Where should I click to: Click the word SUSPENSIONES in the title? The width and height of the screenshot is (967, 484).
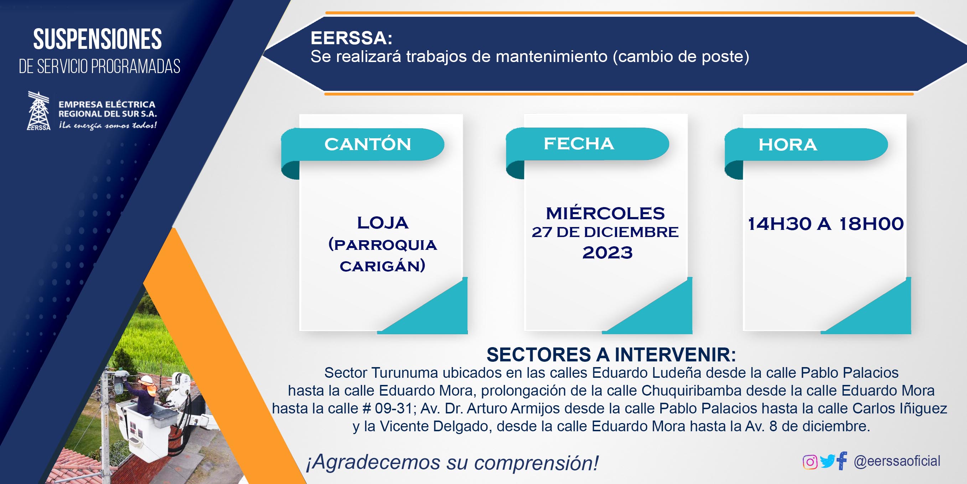tap(97, 40)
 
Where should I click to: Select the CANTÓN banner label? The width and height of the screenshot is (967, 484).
tap(368, 144)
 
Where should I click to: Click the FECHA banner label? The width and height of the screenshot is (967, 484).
tap(579, 143)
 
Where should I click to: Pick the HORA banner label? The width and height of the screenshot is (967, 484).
tap(787, 145)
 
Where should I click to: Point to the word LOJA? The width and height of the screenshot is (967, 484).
tap(383, 223)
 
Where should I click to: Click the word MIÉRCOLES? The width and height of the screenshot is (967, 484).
tap(605, 213)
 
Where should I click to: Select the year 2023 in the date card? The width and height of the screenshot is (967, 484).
tap(607, 252)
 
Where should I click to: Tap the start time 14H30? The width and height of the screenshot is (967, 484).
tap(780, 224)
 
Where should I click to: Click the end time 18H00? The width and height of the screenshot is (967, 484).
tap(871, 224)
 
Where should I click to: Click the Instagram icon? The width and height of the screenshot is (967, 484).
tap(810, 462)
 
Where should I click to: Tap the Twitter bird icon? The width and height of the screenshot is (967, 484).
tap(827, 461)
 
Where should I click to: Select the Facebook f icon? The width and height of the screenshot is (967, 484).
tap(842, 461)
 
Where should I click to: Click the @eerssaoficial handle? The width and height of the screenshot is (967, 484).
tap(897, 461)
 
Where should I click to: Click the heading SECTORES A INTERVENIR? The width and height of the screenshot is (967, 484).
tap(611, 355)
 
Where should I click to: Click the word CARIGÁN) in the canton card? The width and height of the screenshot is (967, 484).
tap(383, 266)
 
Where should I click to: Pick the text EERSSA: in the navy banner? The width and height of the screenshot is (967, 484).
tap(351, 38)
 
